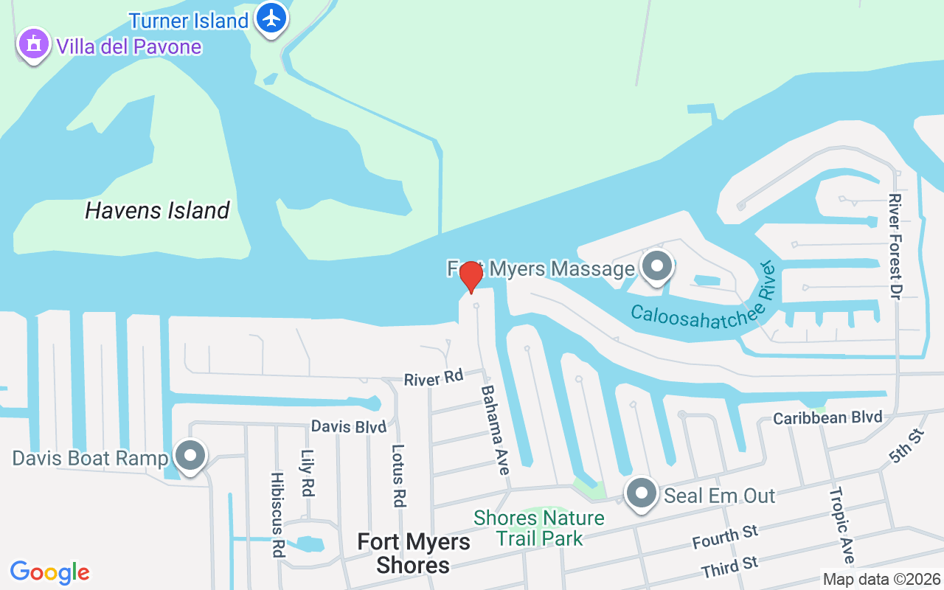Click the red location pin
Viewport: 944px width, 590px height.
[471, 277]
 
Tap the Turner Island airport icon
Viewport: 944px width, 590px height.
[272, 18]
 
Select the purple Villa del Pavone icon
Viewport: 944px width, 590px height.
[33, 45]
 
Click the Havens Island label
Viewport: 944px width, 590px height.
[157, 211]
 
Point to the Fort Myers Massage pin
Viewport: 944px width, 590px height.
[656, 267]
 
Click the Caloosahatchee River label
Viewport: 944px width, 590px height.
[701, 302]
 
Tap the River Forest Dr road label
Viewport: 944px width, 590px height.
[895, 246]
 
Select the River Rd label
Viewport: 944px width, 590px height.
[433, 379]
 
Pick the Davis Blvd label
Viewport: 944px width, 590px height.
[348, 426]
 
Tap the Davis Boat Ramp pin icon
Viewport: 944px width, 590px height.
[191, 457]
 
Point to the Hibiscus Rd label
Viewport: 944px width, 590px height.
[277, 514]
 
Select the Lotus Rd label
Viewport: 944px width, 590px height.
[399, 475]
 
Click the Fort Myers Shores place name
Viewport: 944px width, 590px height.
[413, 554]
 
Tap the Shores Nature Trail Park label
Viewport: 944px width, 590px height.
[539, 528]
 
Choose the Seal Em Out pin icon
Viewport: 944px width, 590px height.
[642, 493]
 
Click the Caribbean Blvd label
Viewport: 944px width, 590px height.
[827, 418]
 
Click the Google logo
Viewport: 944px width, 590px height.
[50, 572]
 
